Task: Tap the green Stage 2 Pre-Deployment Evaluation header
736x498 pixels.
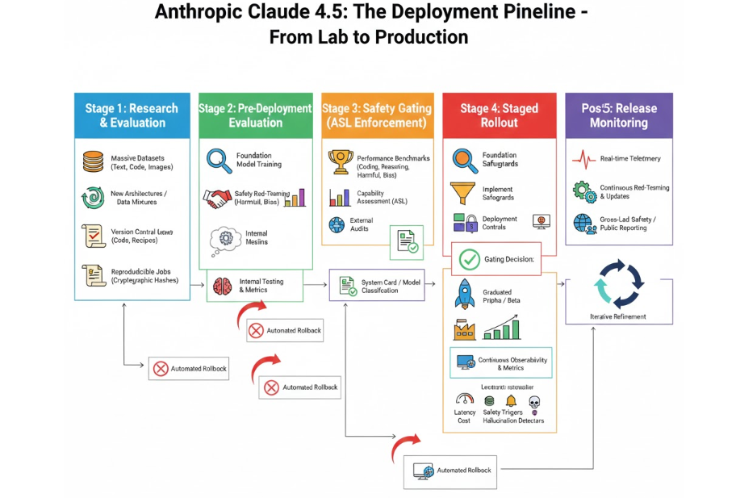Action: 256,115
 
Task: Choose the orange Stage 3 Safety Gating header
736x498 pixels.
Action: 377,115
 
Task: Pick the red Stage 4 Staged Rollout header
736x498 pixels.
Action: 498,115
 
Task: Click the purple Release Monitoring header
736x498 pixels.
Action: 618,115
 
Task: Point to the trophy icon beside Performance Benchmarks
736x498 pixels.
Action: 341,161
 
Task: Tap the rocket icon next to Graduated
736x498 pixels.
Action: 463,294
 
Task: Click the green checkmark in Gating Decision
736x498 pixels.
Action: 469,259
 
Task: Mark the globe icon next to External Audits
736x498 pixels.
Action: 337,224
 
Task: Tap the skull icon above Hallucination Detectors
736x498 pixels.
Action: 533,401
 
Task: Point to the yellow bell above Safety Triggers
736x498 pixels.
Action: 510,401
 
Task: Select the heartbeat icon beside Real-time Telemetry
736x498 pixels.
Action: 583,159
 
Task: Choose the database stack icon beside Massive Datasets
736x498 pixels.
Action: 94,161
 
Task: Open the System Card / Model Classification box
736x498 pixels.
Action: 377,285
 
